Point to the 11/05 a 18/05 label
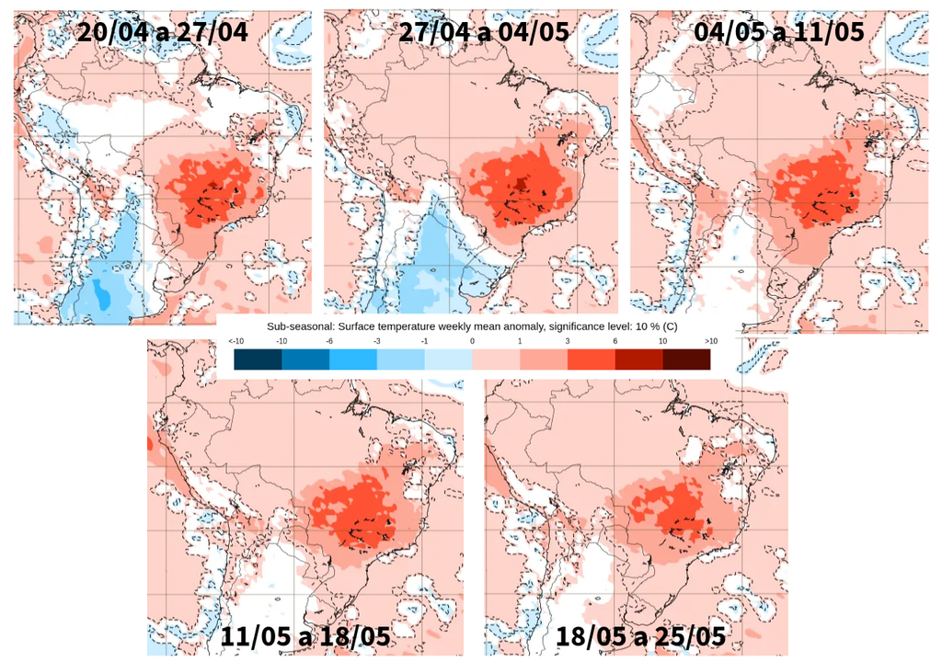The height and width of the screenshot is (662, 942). pos(305,636)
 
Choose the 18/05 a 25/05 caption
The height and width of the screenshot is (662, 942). pos(641,636)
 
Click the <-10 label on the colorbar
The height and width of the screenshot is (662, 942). pos(235,341)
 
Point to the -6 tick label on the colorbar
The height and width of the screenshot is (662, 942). pos(329,341)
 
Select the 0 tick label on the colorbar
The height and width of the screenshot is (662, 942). pos(472,341)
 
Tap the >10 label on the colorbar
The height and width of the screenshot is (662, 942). pos(709,341)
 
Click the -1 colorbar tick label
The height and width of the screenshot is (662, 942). pos(424,341)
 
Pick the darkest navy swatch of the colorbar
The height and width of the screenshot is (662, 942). pos(258,360)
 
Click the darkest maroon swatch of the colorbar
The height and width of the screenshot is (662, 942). pos(686,360)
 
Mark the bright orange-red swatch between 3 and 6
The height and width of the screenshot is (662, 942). pos(591,360)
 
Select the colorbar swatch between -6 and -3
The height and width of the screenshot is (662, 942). pos(353,360)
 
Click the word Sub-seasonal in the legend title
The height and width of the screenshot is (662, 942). pos(299,326)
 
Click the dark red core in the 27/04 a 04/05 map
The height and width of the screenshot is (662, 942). pos(522,183)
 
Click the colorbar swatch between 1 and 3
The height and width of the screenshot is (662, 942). pos(543,360)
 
